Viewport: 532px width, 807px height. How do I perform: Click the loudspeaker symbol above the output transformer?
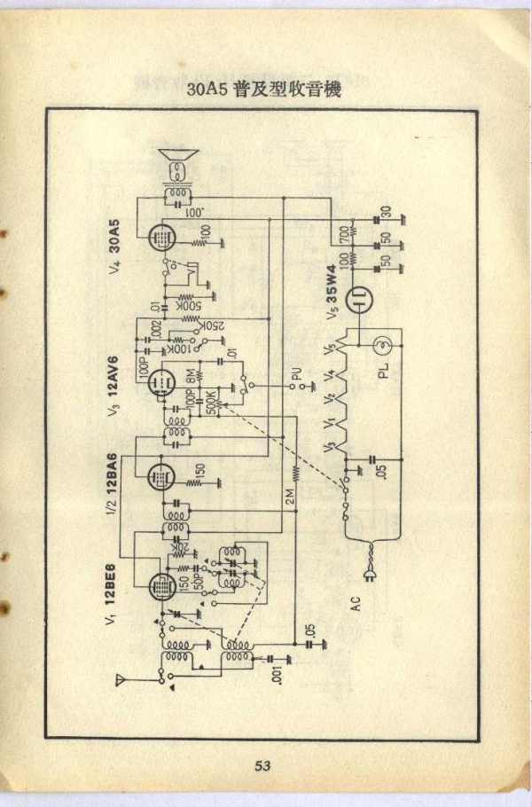(178, 165)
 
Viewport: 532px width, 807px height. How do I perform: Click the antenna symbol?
(120, 681)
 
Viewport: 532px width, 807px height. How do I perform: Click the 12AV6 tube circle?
(160, 381)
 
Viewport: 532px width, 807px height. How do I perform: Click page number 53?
(262, 765)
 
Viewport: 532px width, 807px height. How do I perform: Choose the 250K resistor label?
(212, 325)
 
